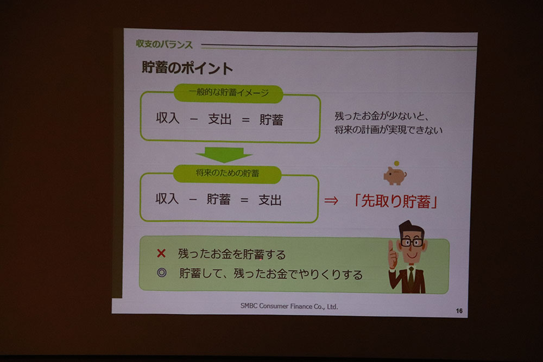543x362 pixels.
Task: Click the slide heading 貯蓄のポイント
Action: point(187,68)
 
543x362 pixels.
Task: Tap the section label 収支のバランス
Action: point(164,45)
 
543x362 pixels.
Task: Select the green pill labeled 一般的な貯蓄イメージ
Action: point(228,93)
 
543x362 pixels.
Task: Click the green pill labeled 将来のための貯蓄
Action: point(227,174)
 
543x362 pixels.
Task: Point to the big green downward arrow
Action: point(224,155)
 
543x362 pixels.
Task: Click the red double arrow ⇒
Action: point(331,200)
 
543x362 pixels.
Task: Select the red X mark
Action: point(161,253)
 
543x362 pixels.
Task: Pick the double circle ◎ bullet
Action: point(162,272)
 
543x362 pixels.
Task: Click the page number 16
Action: point(459,311)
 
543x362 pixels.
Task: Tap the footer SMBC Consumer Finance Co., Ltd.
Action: point(289,306)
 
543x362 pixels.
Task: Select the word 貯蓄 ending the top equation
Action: point(271,120)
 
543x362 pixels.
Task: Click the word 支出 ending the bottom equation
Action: point(270,200)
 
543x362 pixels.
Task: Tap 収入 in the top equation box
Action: point(168,118)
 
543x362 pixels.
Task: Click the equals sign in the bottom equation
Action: point(244,200)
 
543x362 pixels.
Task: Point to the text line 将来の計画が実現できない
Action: point(389,130)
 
